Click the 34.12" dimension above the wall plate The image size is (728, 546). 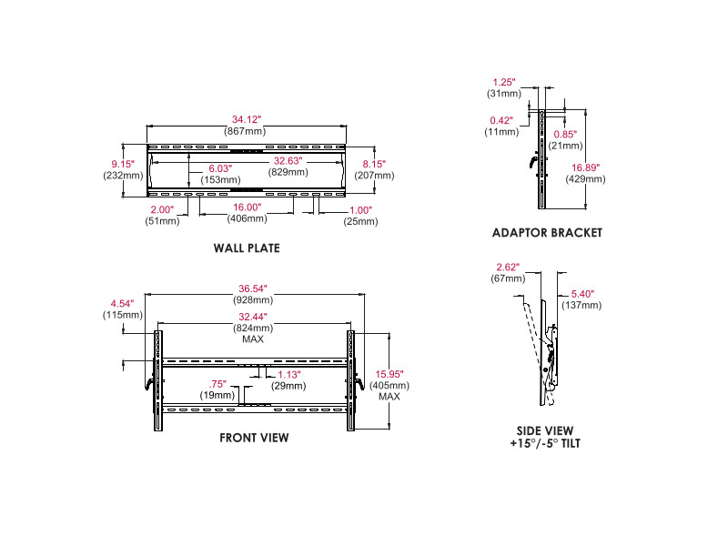(246, 119)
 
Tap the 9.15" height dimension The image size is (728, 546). (123, 164)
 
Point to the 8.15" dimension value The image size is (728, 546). (373, 164)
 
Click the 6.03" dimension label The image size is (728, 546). (220, 168)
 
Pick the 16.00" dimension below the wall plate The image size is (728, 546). (244, 207)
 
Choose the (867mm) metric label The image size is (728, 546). (246, 131)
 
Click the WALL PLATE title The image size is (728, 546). (247, 248)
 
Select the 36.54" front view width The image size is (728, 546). (254, 288)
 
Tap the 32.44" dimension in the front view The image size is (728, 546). (253, 317)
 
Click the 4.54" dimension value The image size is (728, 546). (123, 303)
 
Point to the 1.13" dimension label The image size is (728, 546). (288, 374)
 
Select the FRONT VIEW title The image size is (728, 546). (254, 438)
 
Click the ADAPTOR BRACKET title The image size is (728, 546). (547, 232)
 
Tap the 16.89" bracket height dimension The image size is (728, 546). (588, 167)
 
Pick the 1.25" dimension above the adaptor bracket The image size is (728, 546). (504, 82)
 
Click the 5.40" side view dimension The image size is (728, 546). (583, 294)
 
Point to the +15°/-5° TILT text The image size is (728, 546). (546, 443)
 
